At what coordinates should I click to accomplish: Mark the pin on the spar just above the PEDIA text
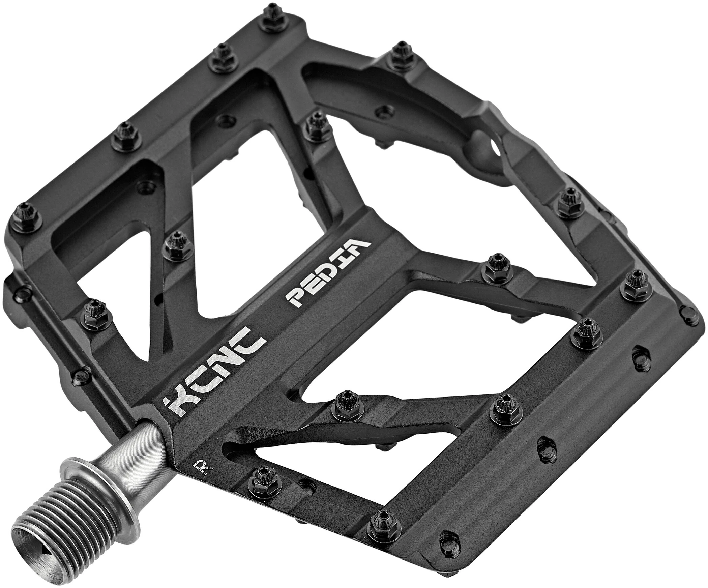315,126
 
